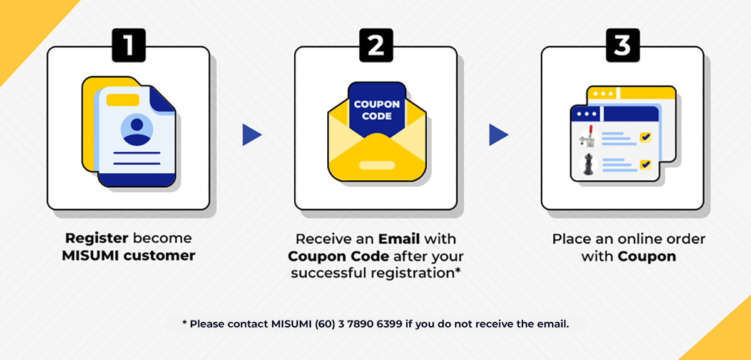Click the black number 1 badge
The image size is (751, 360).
pos(129,45)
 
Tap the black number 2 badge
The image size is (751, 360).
pos(376,45)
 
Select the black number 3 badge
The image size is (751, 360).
pos(623,45)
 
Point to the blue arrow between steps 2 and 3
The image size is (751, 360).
pos(499,135)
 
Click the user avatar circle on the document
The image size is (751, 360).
pos(137,130)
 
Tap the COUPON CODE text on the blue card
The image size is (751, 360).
pos(377,110)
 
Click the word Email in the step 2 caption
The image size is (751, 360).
pos(399,239)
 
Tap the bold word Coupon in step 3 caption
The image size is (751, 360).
pos(647,257)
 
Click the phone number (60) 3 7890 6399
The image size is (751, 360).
pos(359,324)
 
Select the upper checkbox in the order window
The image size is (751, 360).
pos(645,138)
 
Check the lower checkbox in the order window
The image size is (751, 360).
pos(645,165)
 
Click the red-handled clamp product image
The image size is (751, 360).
pos(588,137)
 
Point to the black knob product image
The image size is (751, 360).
pos(588,164)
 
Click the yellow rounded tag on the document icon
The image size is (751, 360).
pos(123,100)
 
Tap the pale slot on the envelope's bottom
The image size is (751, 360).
pos(377,165)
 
